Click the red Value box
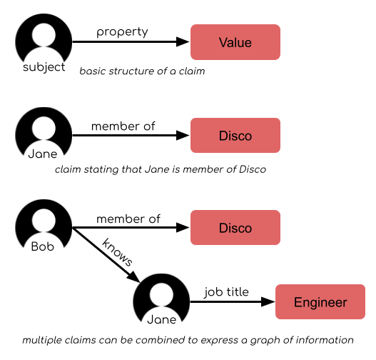pos(235,42)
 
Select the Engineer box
pos(320,301)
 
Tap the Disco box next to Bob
pos(235,228)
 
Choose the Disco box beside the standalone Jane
pos(235,136)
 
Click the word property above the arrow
pos(122,32)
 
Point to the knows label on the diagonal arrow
pos(117,252)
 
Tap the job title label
pos(226,292)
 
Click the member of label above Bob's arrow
pos(128,219)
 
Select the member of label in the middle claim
pos(123,126)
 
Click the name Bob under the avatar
pos(43,246)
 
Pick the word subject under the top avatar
pos(44,67)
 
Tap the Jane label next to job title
pos(162,320)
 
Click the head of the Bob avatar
pos(44,220)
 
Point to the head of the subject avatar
pos(44,34)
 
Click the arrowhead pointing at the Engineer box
pos(268,301)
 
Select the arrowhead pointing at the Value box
pos(183,41)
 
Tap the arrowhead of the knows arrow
pos(134,277)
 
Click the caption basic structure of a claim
pos(142,71)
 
